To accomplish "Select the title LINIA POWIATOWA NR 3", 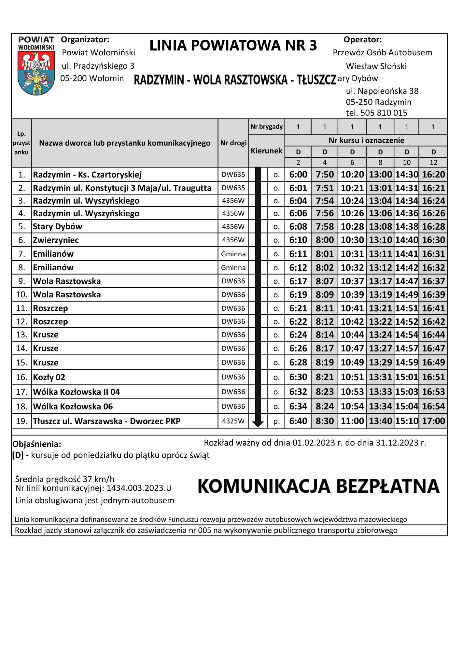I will click(233, 46).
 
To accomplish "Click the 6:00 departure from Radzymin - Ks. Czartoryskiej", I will click(298, 175).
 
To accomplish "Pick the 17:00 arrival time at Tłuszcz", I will click(433, 421).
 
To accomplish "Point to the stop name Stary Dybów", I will click(58, 226).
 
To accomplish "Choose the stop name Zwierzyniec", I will click(56, 240).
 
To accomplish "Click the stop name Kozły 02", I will click(49, 377).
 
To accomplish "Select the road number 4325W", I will click(233, 421).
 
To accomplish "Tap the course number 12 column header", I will click(433, 162).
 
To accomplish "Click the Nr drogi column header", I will click(233, 143).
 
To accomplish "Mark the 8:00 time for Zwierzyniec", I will click(325, 240).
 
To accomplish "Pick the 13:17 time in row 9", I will click(380, 281).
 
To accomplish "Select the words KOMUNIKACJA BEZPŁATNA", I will click(318, 486).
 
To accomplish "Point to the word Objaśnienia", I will click(37, 444).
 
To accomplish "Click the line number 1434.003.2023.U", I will click(139, 488).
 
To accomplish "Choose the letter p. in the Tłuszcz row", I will click(276, 421).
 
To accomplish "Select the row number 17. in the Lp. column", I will click(21, 392).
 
